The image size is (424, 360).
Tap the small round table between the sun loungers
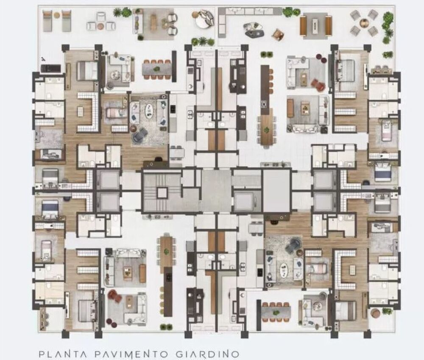pos(57,15)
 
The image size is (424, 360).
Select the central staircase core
pos(162,192)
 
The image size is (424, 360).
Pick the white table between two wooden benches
pos(315,25)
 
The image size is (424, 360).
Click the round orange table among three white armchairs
pos(100,26)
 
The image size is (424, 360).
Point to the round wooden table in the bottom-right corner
pos(375,313)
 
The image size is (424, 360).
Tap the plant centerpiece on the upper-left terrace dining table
pos(156,69)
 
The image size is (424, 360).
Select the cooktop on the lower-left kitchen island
pos(168,277)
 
